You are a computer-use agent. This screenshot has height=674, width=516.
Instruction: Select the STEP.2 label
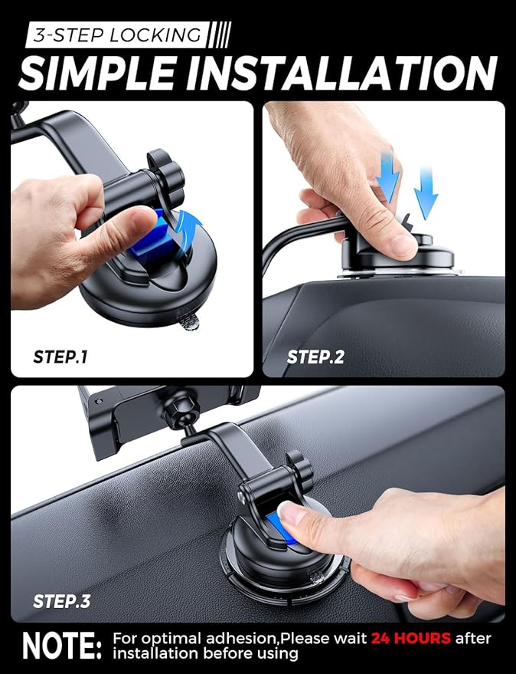316,357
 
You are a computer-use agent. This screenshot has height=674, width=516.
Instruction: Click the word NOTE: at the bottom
60,646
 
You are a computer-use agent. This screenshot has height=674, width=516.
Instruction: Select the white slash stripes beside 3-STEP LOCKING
220,35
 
